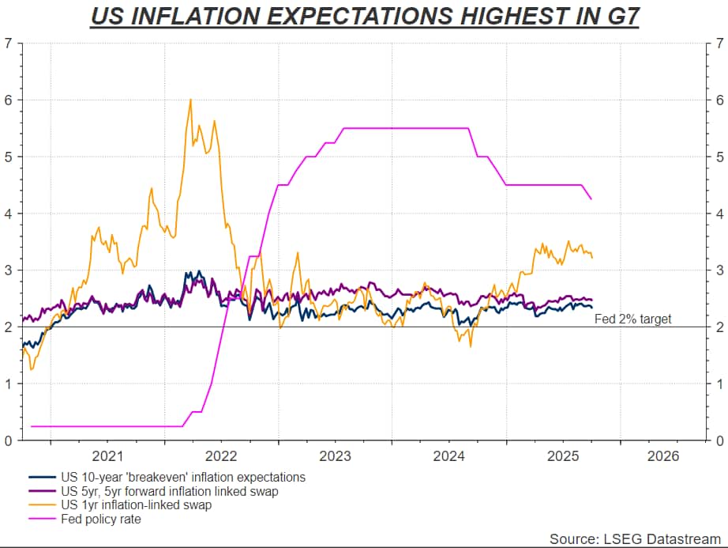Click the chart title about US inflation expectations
point(364,16)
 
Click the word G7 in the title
point(618,16)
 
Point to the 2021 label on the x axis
point(107,456)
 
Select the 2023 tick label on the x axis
point(335,456)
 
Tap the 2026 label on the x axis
point(660,456)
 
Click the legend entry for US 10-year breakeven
point(182,477)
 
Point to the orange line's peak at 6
point(190,100)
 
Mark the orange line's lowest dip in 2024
point(471,346)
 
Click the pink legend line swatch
point(41,520)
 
